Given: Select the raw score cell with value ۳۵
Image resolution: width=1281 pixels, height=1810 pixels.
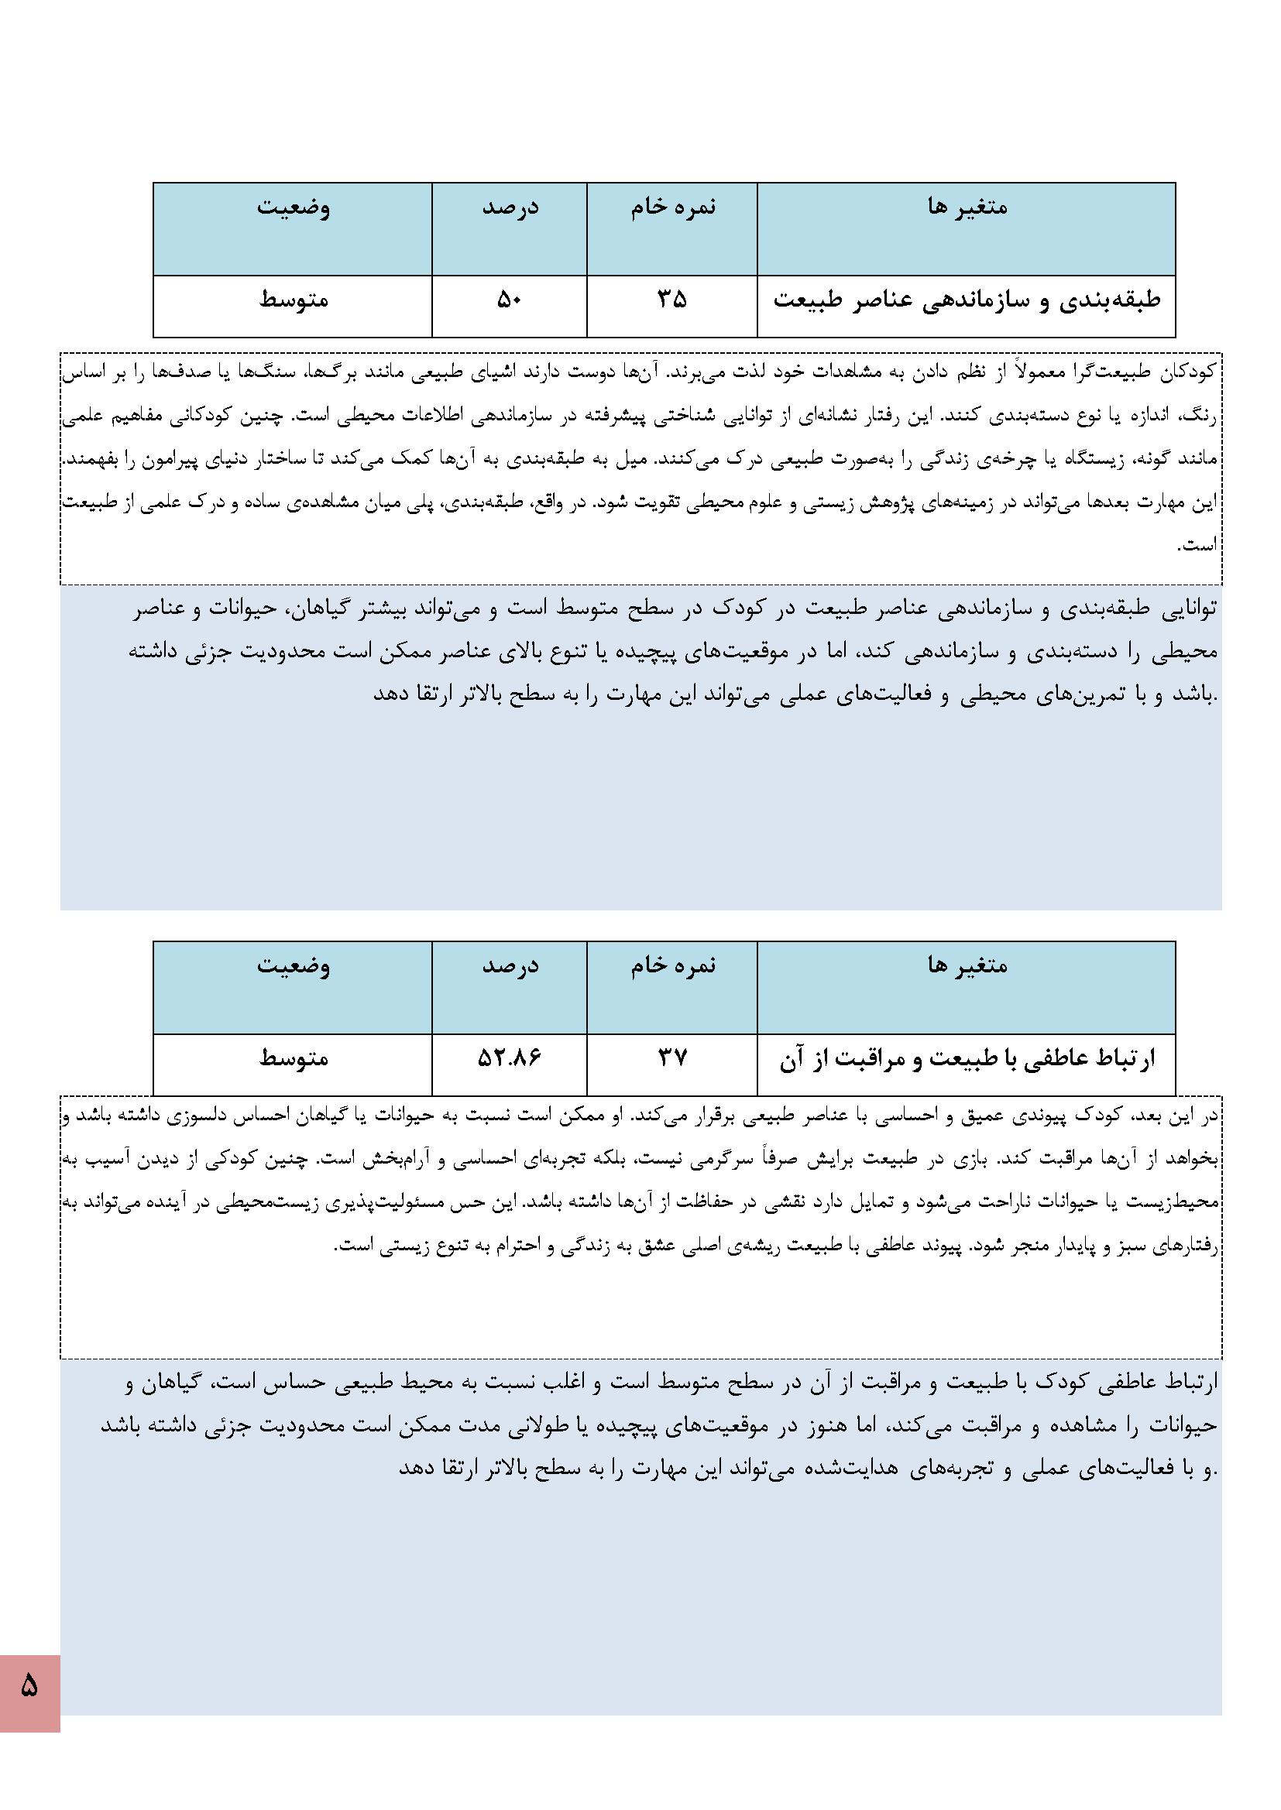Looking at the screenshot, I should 672,300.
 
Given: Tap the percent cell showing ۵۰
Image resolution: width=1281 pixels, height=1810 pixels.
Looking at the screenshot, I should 510,300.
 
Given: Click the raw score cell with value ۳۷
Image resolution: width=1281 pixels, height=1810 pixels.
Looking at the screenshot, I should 672,1058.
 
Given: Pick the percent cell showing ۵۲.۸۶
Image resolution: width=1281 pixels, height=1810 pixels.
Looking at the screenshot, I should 510,1058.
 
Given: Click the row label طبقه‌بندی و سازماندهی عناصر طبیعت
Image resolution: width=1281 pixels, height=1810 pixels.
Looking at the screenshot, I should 967,300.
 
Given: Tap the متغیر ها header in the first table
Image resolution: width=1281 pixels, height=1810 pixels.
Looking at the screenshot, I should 967,207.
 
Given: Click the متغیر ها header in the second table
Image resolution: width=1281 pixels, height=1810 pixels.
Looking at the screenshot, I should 967,965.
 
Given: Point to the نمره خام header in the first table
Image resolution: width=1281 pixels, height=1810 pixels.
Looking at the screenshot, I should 673,207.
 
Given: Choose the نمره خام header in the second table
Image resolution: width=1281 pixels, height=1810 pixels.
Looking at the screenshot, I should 673,965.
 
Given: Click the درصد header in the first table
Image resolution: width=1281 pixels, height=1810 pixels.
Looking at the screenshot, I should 510,207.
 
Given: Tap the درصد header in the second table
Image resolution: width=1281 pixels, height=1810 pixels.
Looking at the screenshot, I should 510,965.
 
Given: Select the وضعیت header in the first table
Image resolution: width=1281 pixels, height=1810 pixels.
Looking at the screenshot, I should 294,207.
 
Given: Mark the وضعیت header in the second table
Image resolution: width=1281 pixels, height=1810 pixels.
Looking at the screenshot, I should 294,965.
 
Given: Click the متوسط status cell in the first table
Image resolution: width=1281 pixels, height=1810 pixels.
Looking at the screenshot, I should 294,300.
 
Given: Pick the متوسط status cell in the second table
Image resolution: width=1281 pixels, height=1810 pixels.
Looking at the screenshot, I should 294,1058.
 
